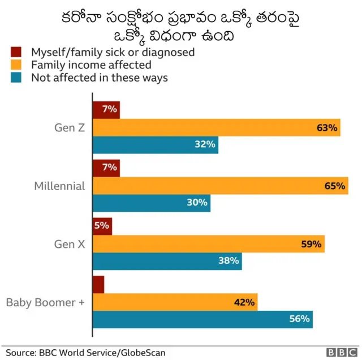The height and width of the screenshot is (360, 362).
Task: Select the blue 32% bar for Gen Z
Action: point(156,145)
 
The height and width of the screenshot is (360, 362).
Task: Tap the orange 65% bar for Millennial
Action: point(221,186)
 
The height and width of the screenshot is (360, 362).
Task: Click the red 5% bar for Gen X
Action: point(102,226)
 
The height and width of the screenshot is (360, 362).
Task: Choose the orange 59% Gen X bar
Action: point(209,244)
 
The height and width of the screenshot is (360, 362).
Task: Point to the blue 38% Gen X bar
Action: point(167,261)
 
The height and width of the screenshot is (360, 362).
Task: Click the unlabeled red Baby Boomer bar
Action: point(98,285)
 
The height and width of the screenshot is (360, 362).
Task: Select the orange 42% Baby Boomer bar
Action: point(175,302)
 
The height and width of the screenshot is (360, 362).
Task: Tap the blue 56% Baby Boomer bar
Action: point(202,319)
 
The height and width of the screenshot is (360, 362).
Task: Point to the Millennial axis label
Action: point(59,186)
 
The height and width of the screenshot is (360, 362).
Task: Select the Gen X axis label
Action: point(69,244)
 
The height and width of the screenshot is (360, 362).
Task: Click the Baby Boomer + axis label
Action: point(45,302)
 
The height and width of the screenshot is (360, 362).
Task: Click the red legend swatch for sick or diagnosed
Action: point(16,52)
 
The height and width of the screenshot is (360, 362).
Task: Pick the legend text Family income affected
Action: point(91,65)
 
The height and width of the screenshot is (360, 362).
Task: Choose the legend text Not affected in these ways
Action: point(100,78)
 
